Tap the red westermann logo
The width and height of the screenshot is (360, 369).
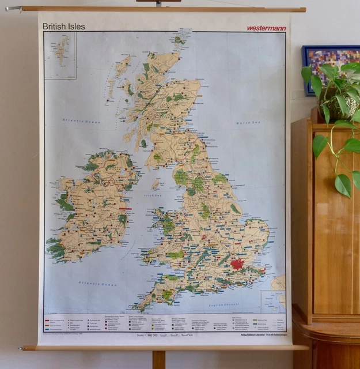266,27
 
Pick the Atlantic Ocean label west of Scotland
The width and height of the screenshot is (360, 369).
78,119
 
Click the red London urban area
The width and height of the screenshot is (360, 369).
237,265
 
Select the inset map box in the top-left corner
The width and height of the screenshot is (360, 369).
60,55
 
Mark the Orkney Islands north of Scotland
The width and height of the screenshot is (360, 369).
180,40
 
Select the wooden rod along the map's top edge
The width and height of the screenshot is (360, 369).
156,9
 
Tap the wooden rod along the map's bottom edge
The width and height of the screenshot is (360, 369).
164,347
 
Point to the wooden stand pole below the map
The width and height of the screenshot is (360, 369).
158,360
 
